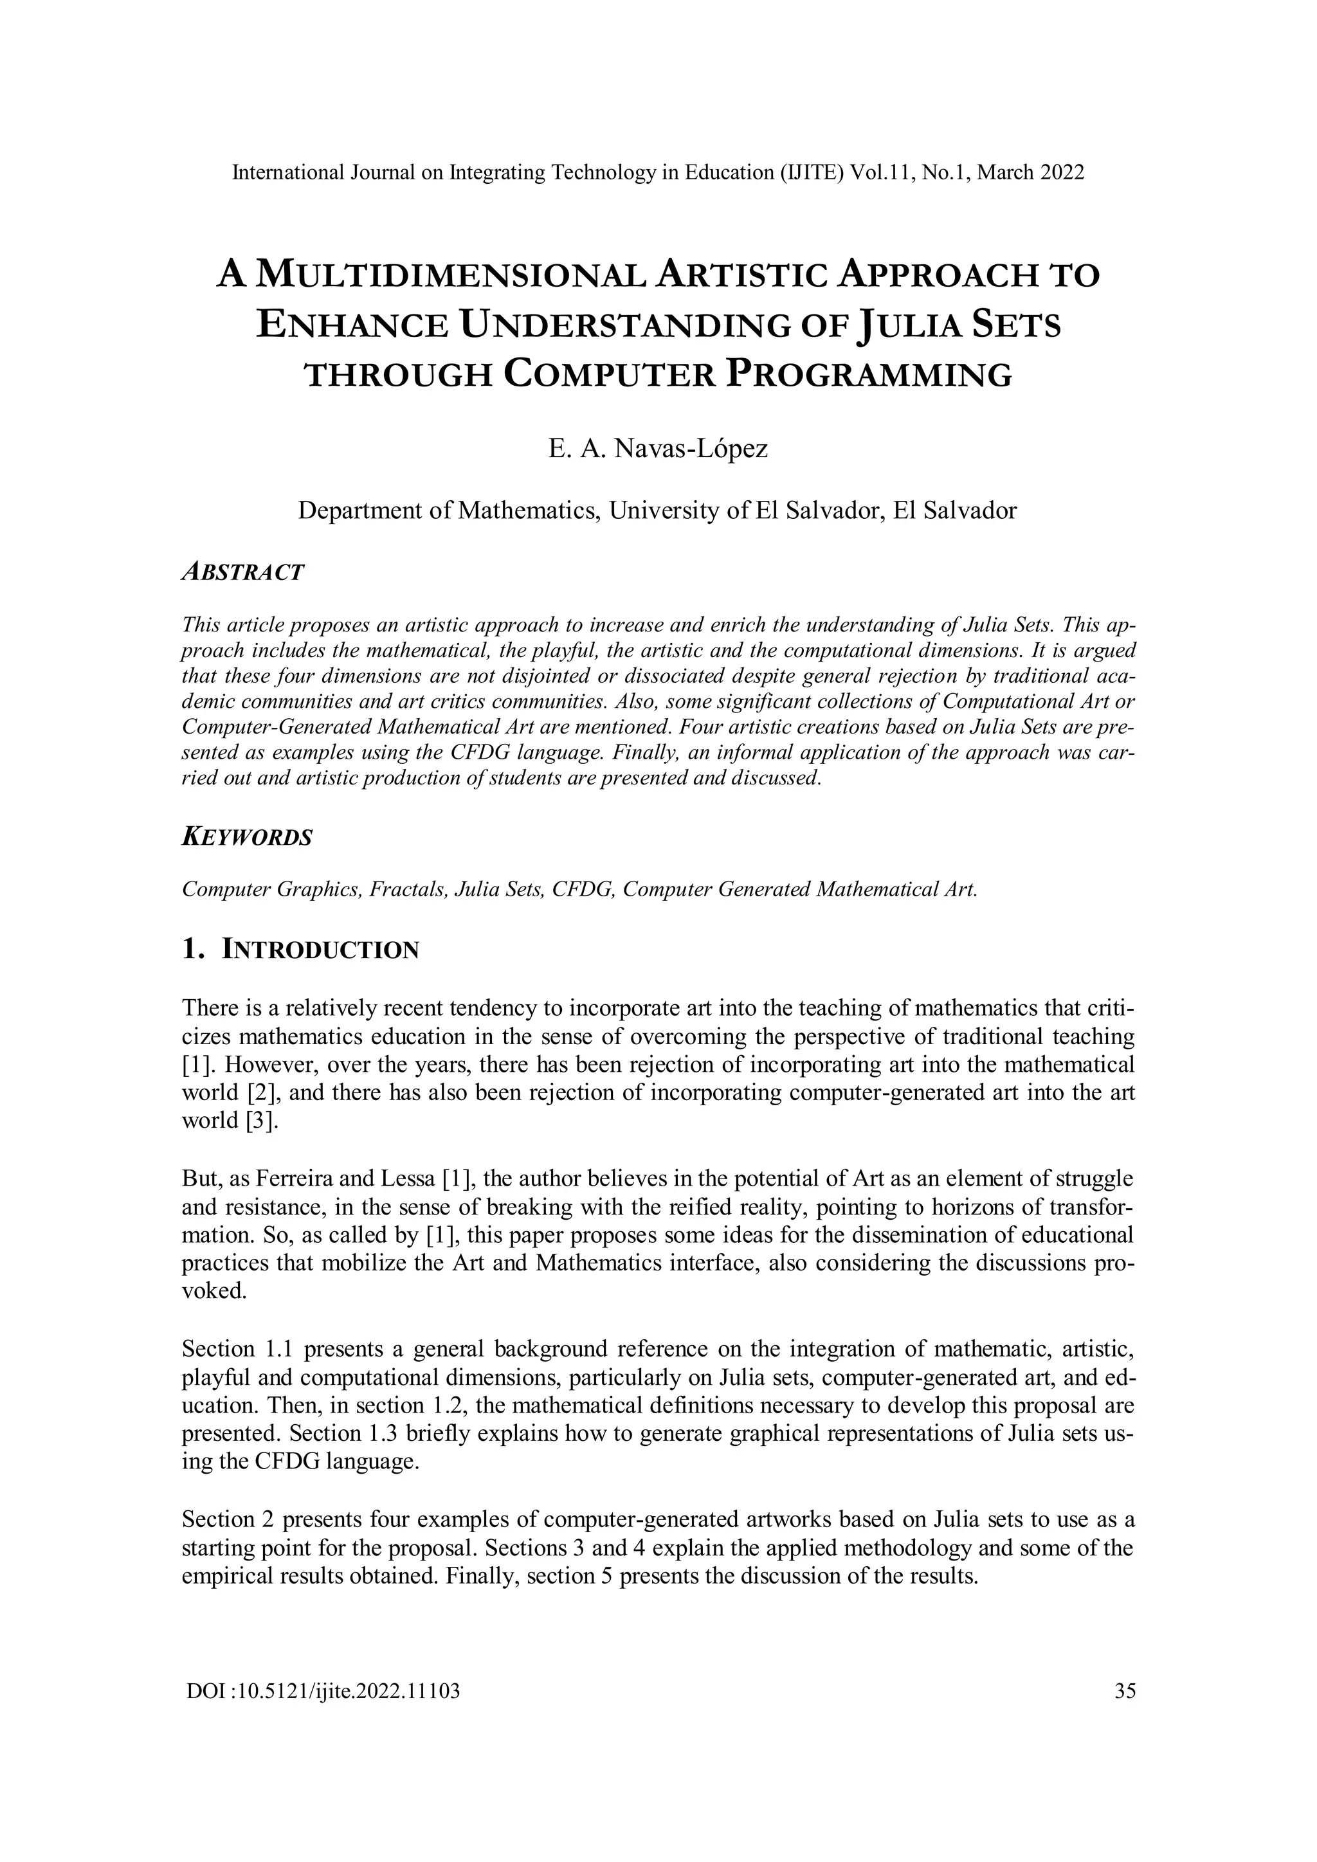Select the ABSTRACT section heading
242,572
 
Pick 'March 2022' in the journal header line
1031,173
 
